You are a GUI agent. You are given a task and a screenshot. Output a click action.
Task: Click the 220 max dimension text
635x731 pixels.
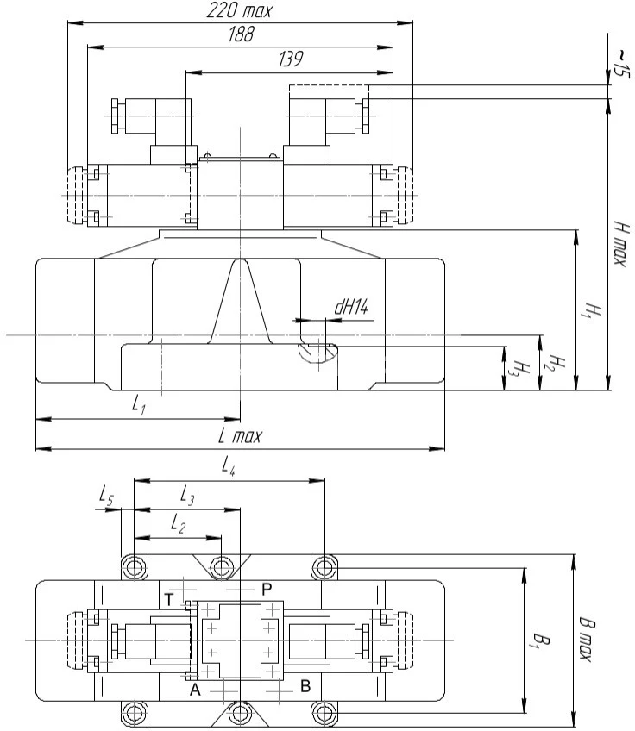coord(239,11)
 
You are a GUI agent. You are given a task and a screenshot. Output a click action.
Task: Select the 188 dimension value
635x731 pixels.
coord(240,34)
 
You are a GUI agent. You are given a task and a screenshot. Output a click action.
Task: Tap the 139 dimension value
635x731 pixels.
coord(290,59)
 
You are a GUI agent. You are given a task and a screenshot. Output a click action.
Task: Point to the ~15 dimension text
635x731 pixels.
coord(620,62)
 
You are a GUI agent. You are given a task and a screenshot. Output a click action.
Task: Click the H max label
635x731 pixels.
coord(619,241)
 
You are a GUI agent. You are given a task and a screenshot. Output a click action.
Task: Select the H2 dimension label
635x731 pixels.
coord(557,364)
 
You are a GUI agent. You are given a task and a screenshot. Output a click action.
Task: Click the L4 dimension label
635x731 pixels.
coord(229,467)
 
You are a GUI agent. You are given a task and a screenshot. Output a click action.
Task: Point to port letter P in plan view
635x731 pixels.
coord(267,587)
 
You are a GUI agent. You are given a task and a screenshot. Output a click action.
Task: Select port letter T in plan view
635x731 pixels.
coord(169,597)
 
